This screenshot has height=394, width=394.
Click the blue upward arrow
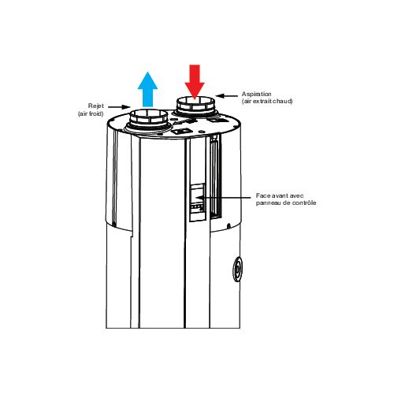coord(147,89)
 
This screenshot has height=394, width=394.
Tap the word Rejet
coord(96,106)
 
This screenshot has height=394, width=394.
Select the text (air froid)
coord(91,113)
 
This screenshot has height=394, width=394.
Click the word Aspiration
coord(257,94)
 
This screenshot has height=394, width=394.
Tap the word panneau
coord(266,203)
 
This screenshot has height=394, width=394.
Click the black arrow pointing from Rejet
coord(119,107)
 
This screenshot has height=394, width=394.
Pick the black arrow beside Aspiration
coord(226,96)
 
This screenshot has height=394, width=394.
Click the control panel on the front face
coord(197,203)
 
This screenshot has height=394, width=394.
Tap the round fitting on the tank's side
coord(237,269)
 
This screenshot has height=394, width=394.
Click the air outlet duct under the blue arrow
coord(149,121)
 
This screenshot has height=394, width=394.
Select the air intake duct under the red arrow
coord(195,107)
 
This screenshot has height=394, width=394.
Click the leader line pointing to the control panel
coord(224,197)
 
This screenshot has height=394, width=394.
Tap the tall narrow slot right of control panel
coord(216,177)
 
